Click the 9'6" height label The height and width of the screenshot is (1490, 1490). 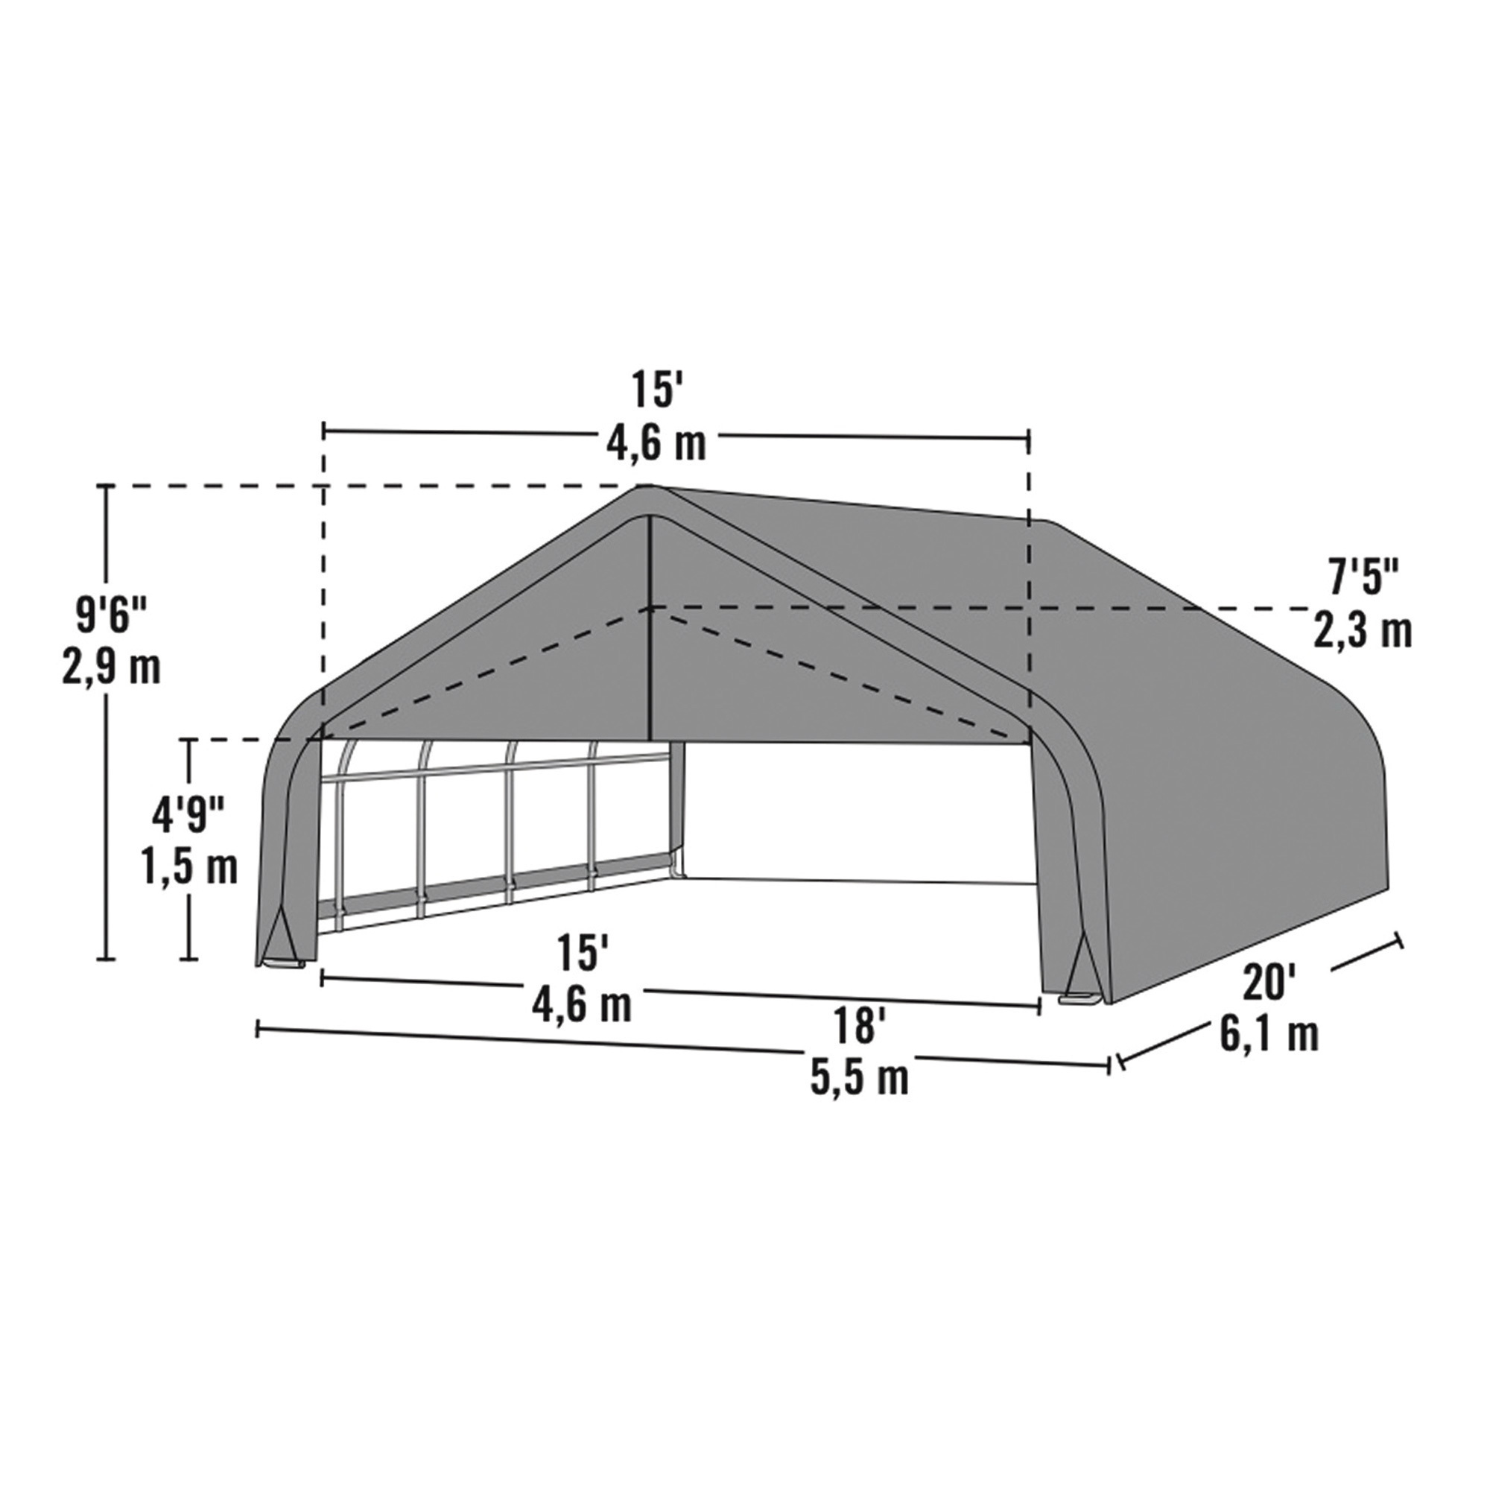[111, 595]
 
